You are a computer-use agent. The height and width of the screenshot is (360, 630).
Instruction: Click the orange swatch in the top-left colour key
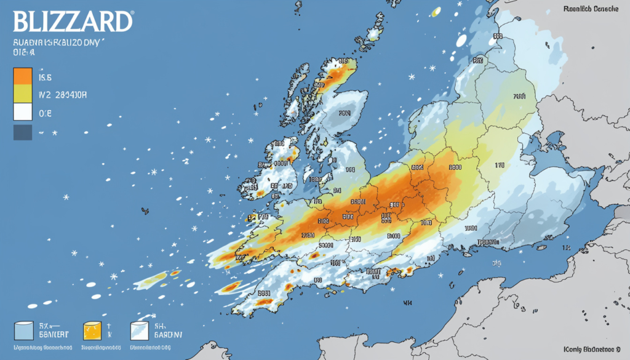tap(22, 76)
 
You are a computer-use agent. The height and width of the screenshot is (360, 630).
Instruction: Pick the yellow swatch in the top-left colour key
tap(22, 94)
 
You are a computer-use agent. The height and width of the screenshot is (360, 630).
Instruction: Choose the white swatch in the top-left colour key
tap(22, 112)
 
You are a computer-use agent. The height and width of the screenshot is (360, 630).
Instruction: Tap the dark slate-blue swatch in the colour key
tap(22, 132)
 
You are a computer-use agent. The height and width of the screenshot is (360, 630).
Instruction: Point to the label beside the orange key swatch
tap(46, 78)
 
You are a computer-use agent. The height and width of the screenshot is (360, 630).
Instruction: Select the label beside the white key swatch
tap(45, 114)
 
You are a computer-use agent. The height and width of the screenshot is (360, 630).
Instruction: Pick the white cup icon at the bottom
tap(140, 330)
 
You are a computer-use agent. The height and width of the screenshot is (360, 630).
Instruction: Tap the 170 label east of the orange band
tap(498, 165)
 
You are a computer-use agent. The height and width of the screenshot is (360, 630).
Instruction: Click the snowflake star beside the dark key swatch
tap(54, 133)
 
